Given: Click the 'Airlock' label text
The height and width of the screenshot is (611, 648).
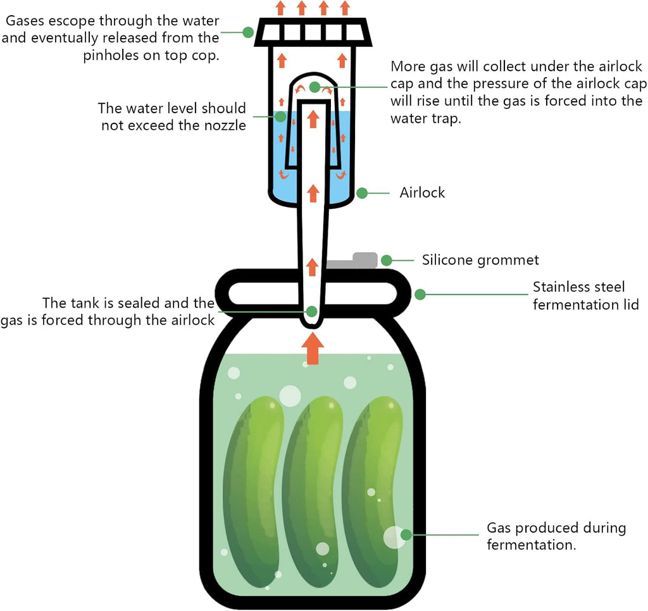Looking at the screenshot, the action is [x=422, y=192].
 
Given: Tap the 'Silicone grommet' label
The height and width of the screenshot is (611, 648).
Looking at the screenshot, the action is [x=480, y=260].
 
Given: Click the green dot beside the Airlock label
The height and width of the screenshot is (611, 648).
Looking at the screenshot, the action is [x=362, y=193].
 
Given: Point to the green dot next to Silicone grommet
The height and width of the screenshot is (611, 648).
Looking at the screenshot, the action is [x=387, y=260].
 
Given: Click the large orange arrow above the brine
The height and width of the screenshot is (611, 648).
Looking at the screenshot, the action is [x=313, y=348].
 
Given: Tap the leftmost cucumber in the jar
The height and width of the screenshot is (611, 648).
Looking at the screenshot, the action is [x=254, y=492].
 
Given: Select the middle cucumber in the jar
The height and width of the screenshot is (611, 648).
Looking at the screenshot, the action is [x=314, y=492].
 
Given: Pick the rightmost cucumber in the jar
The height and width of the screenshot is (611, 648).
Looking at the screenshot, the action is [x=373, y=492].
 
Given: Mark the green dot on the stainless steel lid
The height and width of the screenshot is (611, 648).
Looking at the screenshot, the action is [x=420, y=294].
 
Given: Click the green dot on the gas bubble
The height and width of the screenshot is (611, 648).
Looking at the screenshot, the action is [x=406, y=534].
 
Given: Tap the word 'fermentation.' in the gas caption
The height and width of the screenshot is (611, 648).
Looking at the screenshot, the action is [x=532, y=545].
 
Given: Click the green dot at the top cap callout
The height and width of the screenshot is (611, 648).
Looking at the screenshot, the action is [x=248, y=32].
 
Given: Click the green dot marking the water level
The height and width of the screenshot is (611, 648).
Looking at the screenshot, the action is [x=280, y=117].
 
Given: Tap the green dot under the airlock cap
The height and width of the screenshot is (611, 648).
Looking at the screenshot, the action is [x=315, y=87].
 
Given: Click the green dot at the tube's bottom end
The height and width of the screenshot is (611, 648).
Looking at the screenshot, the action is [x=311, y=312].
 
